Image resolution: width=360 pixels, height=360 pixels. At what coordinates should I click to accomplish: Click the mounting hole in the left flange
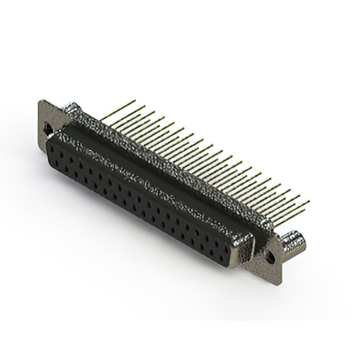tap(49, 129)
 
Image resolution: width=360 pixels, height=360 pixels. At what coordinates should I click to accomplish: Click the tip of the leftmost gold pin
tap(134, 101)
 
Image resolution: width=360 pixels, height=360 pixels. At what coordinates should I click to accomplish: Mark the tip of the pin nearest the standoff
tap(309, 201)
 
